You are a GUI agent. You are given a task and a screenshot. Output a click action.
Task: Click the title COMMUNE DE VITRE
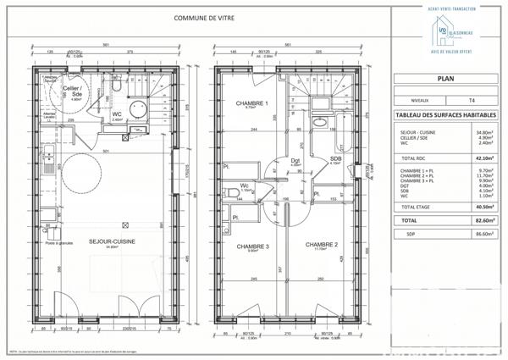[205, 17]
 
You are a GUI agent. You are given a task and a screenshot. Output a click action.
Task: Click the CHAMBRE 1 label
[251, 103]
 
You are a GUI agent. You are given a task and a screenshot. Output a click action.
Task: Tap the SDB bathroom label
[335, 158]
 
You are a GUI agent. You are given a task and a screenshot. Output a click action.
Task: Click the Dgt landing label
[295, 160]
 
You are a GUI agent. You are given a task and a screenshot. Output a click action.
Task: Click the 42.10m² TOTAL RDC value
[483, 157]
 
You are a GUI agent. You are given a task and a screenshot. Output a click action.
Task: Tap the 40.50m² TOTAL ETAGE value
[483, 207]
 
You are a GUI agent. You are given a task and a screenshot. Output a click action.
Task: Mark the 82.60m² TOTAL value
[483, 219]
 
